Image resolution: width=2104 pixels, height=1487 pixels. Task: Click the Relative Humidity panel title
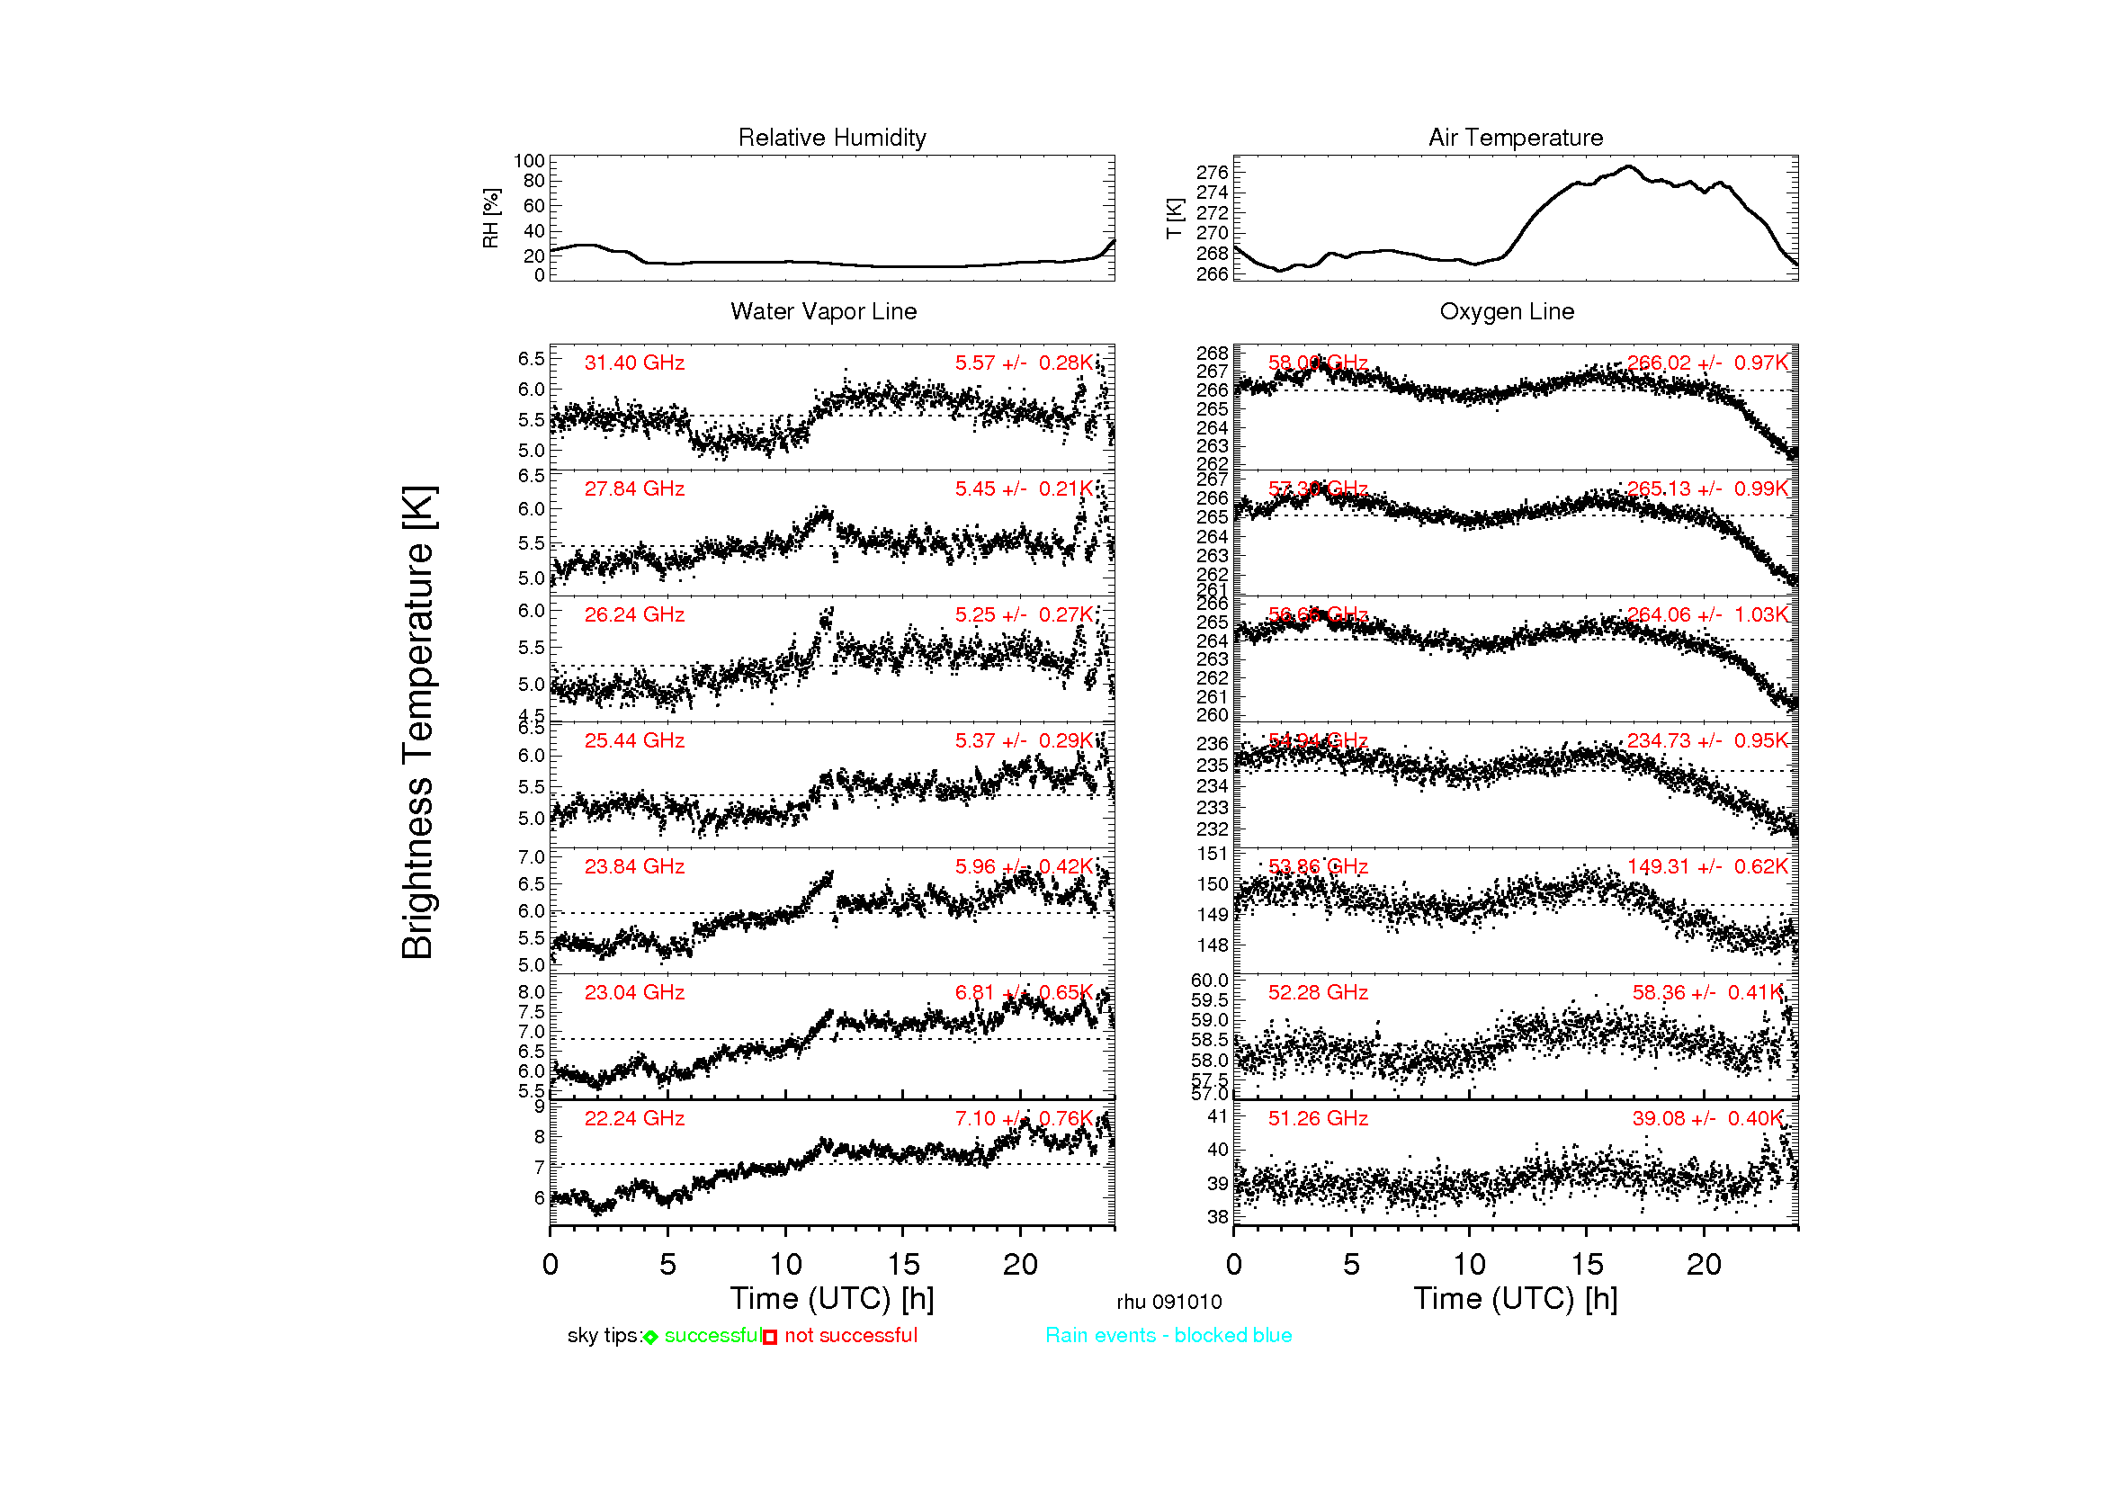tap(832, 138)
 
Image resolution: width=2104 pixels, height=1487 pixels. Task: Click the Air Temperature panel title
tap(1516, 138)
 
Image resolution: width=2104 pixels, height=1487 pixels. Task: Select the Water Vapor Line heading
tap(823, 311)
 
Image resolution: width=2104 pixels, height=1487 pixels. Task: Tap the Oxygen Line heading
tap(1507, 311)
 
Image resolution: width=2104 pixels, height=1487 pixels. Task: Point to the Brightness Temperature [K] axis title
tap(418, 722)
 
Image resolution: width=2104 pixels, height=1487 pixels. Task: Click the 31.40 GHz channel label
tap(634, 363)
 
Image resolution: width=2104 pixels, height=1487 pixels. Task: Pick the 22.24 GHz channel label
tap(634, 1119)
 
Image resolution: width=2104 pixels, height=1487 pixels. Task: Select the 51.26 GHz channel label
tap(1318, 1119)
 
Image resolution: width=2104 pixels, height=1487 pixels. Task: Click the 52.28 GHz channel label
tap(1318, 992)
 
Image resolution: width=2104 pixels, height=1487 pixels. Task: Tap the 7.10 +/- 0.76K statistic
tap(1024, 1119)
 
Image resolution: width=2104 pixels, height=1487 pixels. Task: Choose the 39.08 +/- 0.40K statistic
tap(1707, 1119)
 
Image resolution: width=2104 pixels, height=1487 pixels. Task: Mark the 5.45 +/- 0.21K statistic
tap(1024, 488)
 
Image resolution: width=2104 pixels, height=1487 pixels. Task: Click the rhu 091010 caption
tap(1168, 1302)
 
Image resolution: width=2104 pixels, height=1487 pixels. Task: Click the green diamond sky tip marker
tap(650, 1338)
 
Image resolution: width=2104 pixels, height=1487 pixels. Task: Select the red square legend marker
tap(770, 1338)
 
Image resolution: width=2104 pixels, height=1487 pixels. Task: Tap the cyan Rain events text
tap(1168, 1336)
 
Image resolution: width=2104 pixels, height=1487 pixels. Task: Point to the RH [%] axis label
tap(491, 218)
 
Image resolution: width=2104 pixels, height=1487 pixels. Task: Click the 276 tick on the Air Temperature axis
tap(1212, 172)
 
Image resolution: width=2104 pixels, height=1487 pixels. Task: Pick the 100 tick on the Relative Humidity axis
tap(529, 161)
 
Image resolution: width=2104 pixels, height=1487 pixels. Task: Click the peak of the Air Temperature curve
tap(1628, 166)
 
